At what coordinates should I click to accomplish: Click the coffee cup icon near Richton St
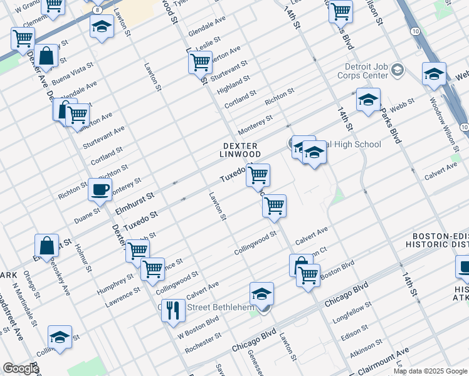coord(100,189)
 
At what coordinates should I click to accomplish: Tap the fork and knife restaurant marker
coord(173,310)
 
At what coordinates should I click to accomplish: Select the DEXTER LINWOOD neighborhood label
coord(241,150)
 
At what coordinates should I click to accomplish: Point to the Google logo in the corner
coord(21,368)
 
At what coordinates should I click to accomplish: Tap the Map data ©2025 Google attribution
coord(430,371)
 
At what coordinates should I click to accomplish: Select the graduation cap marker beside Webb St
coord(368,100)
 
